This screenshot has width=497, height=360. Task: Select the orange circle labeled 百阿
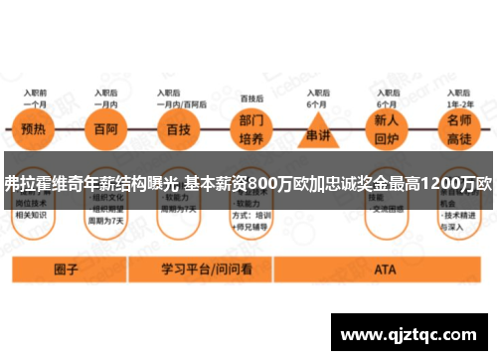tap(104, 129)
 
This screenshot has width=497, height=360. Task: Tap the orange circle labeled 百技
tap(179, 129)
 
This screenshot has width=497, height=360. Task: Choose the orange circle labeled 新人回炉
tap(387, 129)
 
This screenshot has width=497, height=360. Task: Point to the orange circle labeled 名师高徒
tap(458, 129)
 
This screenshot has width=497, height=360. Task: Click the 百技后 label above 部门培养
tap(252, 98)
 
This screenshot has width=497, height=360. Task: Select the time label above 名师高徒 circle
tap(459, 98)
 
